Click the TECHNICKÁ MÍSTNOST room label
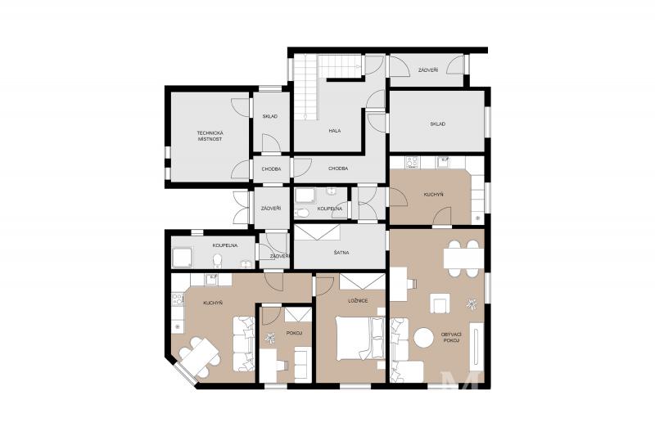210,136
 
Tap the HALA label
334,131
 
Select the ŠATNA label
341,253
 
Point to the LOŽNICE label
358,300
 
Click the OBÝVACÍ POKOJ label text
451,338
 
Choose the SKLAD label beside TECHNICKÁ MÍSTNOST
270,116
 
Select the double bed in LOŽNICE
360,338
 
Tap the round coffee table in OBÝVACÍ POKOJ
424,337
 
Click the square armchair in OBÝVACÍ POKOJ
440,303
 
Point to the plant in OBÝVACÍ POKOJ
472,303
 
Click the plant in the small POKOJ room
270,339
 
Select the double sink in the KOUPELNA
246,263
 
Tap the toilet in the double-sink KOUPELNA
217,261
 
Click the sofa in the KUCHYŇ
244,344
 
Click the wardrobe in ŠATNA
317,233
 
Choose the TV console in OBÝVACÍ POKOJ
477,346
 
